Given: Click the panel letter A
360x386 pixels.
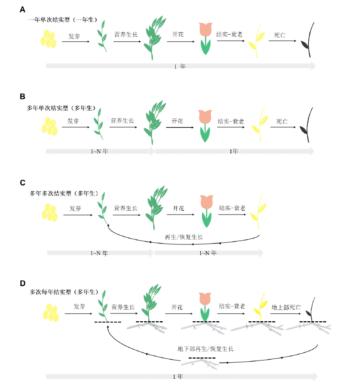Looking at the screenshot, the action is pos(22,9).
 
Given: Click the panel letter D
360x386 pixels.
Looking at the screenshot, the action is pos(22,283).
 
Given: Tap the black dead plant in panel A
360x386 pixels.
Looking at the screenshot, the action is pos(308,40).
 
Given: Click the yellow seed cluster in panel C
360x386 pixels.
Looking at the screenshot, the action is pos(50,212).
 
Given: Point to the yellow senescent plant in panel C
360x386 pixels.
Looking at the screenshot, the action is pos(259,212).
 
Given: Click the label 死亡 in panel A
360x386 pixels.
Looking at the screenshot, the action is pos(280,35).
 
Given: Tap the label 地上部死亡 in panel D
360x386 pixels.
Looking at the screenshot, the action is pos(286,307).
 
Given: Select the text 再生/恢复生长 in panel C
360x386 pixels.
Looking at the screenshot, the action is pos(183,237).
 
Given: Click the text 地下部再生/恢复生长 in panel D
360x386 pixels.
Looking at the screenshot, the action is pos(205,349).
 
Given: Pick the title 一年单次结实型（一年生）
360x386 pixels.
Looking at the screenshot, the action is pos(63,20).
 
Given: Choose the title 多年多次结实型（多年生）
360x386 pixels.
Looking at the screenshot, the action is pos(64,193).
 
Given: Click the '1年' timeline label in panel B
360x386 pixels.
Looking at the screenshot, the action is pos(234,151).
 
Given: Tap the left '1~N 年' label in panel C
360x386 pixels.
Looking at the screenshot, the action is pos(99,253).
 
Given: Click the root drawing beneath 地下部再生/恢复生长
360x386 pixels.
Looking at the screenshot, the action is pos(200,364).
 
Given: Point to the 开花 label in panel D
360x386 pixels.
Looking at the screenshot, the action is pos(177,307).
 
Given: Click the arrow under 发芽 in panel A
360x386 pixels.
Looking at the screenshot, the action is pos(76,41).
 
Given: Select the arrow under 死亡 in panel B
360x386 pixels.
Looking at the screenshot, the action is pos(283,127).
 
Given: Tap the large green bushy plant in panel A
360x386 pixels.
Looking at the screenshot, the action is pos(155,38).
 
